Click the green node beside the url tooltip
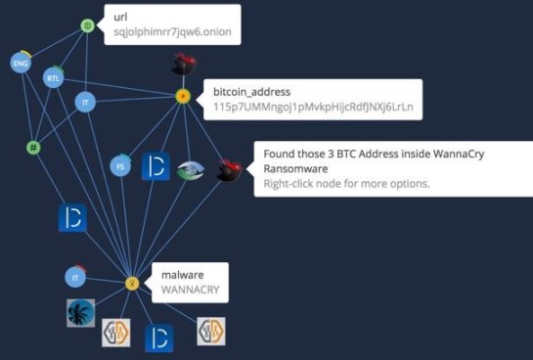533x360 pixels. click(x=86, y=25)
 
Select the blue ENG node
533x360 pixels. click(x=20, y=64)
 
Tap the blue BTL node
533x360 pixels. click(x=53, y=77)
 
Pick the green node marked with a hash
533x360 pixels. click(x=33, y=148)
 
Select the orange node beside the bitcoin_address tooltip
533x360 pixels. click(x=182, y=96)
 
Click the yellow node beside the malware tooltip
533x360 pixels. click(x=132, y=283)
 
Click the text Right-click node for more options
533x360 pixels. click(x=347, y=183)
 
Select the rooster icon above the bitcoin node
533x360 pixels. click(x=183, y=65)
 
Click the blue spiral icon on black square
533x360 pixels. click(x=80, y=313)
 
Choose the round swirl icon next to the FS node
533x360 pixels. click(x=192, y=170)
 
